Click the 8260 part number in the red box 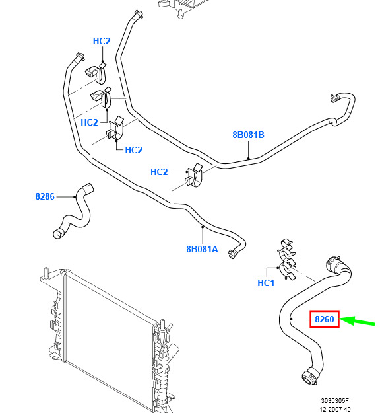[324, 319]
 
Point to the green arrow [358, 320]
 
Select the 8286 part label [45, 196]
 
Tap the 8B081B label [248, 135]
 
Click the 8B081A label [202, 249]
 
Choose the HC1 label [266, 283]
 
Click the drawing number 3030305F [334, 400]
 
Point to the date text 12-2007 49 [335, 409]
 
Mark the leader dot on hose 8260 [292, 319]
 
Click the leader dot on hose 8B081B [249, 159]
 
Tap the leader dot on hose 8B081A [203, 227]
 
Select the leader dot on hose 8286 [75, 197]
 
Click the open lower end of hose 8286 [58, 234]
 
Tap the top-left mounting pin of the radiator [46, 273]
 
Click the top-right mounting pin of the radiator [162, 325]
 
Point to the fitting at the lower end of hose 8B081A [233, 254]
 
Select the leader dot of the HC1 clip [278, 268]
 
